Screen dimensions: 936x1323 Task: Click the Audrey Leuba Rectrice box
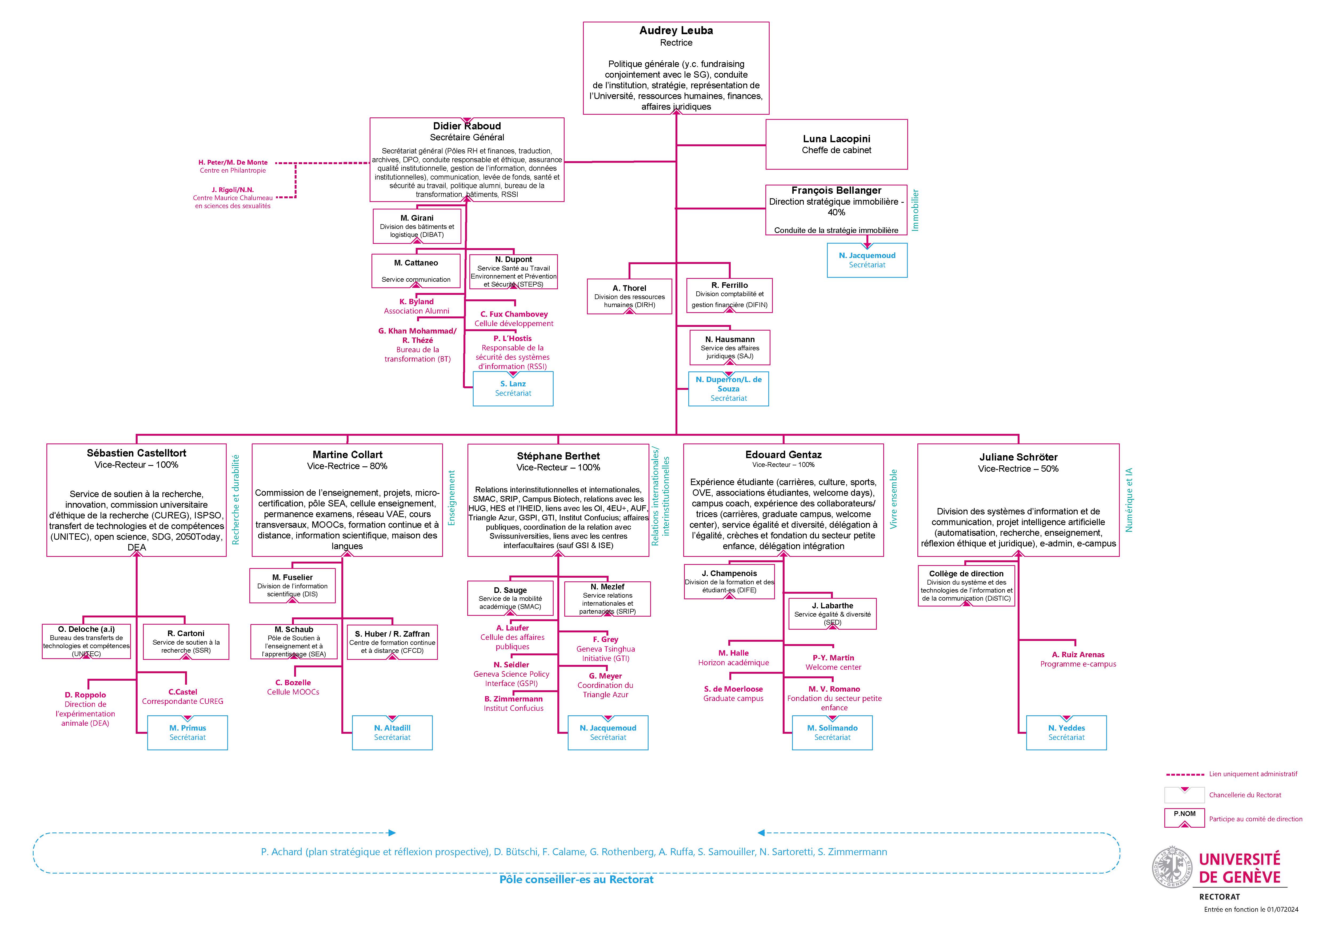click(676, 68)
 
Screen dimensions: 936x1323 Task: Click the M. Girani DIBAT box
click(417, 226)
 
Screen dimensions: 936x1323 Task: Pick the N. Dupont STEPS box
click(513, 271)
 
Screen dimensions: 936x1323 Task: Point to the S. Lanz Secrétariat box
click(513, 388)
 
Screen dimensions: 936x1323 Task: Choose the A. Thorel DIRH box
click(629, 296)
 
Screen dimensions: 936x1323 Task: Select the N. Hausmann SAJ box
click(729, 348)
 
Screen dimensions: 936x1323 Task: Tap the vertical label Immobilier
click(915, 210)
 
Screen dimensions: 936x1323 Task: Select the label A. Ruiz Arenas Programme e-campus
click(1078, 659)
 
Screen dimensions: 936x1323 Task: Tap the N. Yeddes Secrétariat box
click(1066, 732)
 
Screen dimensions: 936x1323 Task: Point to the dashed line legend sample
click(1185, 774)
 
